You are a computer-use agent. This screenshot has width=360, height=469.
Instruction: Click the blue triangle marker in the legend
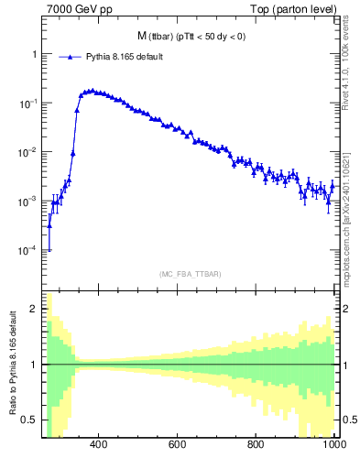pyautogui.click(x=66, y=57)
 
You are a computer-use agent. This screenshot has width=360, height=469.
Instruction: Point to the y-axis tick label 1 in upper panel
pyautogui.click(x=35, y=54)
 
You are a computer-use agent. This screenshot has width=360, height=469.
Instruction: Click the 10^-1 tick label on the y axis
pyautogui.click(x=29, y=104)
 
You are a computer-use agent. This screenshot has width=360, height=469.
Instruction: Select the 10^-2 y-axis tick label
pyautogui.click(x=29, y=152)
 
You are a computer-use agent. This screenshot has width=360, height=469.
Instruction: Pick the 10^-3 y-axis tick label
pyautogui.click(x=29, y=201)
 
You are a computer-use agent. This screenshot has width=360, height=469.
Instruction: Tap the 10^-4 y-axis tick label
pyautogui.click(x=29, y=250)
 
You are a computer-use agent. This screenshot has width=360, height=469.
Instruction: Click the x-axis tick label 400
pyautogui.click(x=99, y=445)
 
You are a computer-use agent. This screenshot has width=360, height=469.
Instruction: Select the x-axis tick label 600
pyautogui.click(x=178, y=445)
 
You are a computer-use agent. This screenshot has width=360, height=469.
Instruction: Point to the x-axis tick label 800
pyautogui.click(x=256, y=445)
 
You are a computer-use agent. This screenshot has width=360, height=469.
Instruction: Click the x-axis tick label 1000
pyautogui.click(x=333, y=445)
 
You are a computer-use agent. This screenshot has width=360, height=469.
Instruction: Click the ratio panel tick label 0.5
pyautogui.click(x=31, y=420)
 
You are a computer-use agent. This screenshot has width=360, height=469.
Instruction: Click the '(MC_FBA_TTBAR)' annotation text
pyautogui.click(x=190, y=274)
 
